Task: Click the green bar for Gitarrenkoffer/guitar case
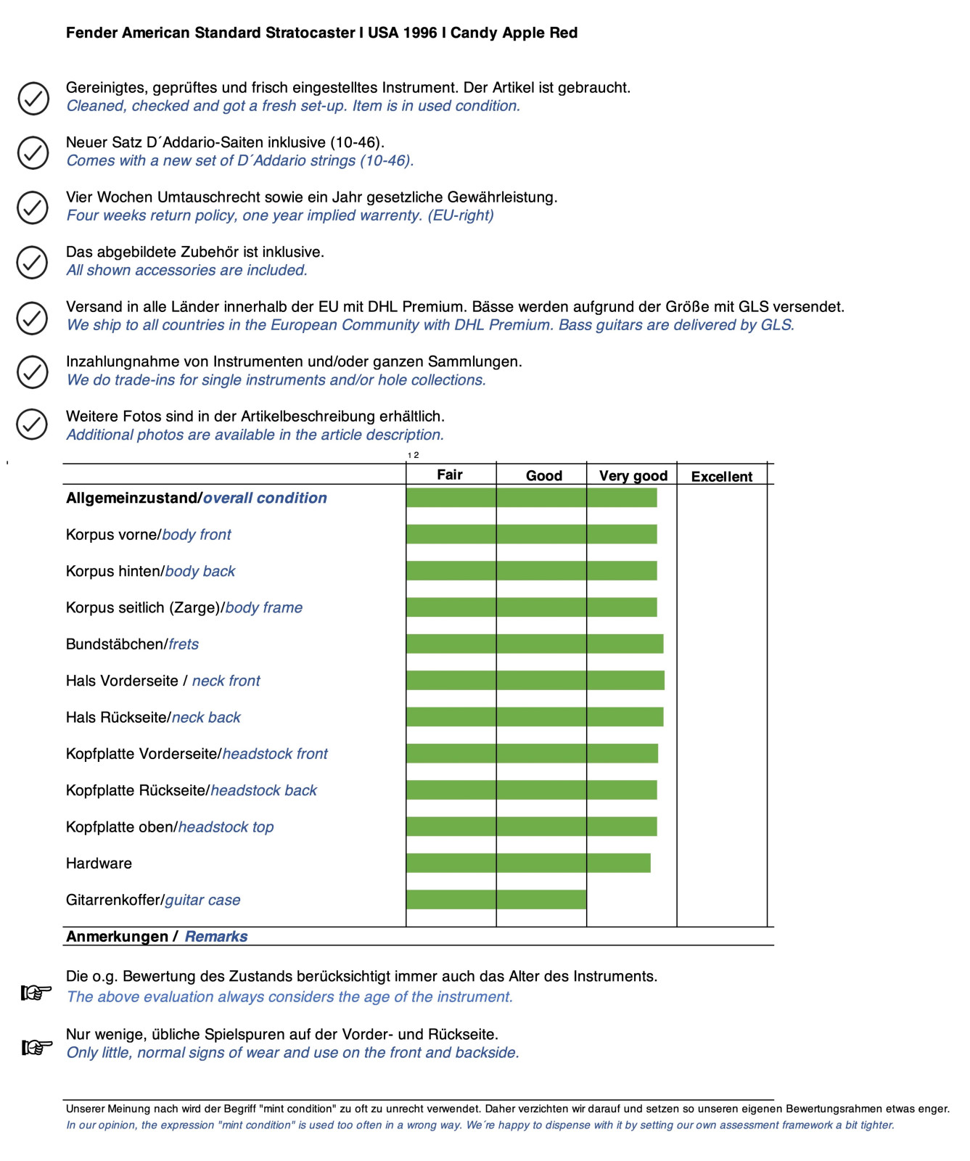496,899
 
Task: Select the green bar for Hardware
528,863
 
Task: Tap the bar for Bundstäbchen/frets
535,644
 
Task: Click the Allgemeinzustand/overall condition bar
532,498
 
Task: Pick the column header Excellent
721,477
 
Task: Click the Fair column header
450,475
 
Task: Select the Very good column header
633,476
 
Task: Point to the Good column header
543,476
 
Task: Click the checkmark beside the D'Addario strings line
33,152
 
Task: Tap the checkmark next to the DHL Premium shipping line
33,317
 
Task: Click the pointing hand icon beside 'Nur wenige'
36,1047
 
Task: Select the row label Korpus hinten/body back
150,571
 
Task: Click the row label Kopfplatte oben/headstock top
170,826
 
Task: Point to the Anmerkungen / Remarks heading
157,936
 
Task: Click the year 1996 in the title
420,33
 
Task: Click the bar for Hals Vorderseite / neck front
535,680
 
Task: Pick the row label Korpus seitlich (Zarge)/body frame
184,607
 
